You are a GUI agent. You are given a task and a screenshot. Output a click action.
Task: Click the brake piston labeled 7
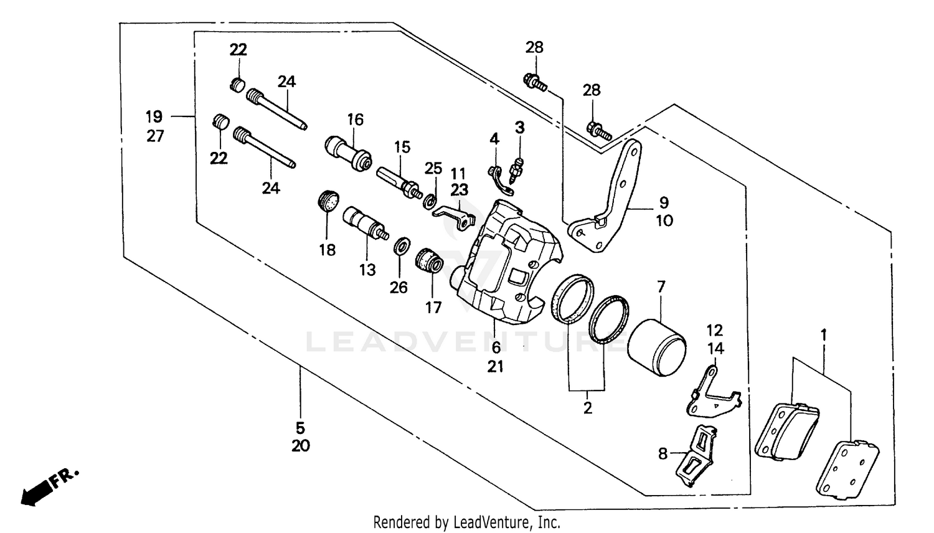tap(657, 347)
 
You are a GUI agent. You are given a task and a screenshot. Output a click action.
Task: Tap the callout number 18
tap(327, 250)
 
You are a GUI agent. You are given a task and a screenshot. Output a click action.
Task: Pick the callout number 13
tap(367, 270)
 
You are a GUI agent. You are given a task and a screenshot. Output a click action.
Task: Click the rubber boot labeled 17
tap(429, 262)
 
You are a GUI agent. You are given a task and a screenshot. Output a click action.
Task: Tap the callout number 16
tap(355, 120)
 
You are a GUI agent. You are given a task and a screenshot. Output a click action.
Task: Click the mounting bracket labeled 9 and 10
tap(610, 199)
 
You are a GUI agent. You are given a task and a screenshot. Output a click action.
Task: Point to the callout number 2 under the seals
tap(587, 408)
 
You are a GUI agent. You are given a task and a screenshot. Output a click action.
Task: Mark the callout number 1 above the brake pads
tap(823, 336)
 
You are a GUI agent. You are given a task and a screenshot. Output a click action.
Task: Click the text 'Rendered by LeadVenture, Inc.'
tap(466, 522)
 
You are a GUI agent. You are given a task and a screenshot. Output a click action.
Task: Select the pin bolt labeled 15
tap(399, 180)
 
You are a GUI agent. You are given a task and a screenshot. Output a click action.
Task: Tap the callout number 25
tap(433, 168)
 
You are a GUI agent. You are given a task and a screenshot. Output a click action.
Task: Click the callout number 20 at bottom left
tap(300, 446)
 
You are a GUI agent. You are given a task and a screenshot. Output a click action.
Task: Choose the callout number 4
tap(494, 139)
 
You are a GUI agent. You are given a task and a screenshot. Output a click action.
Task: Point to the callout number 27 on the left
tap(155, 136)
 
